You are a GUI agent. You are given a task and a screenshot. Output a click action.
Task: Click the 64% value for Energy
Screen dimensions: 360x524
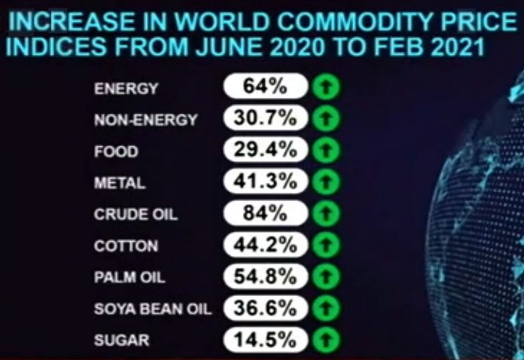click(265, 87)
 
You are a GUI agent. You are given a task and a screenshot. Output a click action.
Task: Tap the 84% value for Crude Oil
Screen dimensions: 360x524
click(265, 213)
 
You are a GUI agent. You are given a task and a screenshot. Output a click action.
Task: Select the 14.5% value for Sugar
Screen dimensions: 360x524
click(265, 340)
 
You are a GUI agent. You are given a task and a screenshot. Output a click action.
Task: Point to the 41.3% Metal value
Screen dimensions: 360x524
click(265, 182)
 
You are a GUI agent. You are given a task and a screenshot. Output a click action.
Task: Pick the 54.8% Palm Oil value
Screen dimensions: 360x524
click(265, 276)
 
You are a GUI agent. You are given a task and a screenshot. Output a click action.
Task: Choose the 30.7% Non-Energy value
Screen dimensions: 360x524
click(265, 118)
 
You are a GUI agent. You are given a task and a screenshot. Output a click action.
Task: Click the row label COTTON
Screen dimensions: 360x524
click(126, 246)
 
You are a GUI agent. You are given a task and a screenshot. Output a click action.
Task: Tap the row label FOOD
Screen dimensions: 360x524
click(116, 151)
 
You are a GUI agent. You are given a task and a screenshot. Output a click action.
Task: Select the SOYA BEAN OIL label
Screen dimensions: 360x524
click(153, 309)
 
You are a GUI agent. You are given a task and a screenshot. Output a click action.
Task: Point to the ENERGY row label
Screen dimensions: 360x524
click(126, 88)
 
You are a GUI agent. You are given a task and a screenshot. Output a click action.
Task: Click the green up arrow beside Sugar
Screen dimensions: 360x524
click(326, 340)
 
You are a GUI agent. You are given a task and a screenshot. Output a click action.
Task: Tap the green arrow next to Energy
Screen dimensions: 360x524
click(326, 87)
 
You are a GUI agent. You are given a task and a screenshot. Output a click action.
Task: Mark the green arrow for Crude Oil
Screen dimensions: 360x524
click(326, 214)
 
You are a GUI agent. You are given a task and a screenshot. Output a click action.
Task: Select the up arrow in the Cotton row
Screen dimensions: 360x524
click(326, 246)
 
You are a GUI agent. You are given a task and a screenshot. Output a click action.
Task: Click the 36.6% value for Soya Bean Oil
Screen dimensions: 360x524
click(265, 308)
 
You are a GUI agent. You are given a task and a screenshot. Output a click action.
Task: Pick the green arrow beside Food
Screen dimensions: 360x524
click(326, 151)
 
